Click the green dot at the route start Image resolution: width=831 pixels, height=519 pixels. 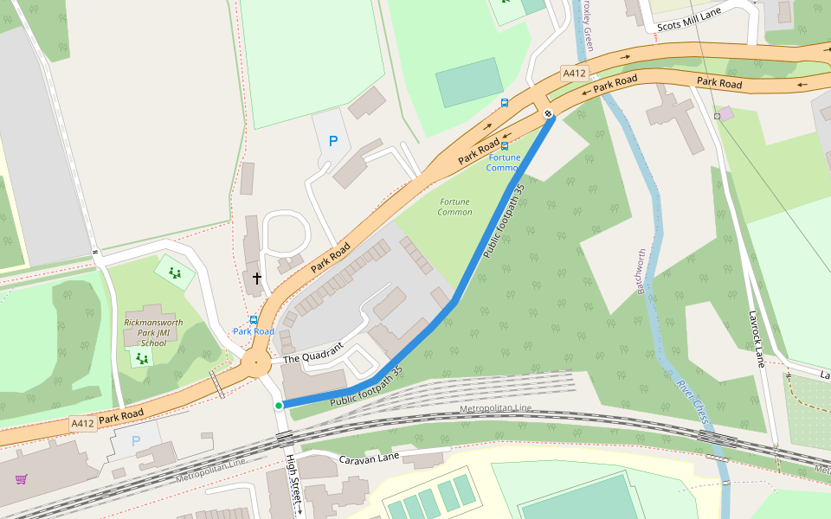click(x=279, y=406)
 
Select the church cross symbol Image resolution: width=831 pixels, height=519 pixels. click(x=256, y=279)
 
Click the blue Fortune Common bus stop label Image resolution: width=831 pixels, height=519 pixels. click(x=505, y=163)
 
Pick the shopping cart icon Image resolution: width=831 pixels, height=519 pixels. click(x=21, y=478)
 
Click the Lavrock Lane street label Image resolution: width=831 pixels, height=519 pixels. click(x=756, y=339)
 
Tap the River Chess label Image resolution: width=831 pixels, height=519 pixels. click(x=694, y=402)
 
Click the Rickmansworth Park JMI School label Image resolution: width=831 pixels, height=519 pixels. click(x=153, y=332)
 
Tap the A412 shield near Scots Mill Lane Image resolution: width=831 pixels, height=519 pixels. click(x=574, y=74)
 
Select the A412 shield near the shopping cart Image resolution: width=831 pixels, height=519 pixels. click(x=82, y=423)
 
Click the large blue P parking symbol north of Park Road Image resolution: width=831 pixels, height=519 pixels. click(x=332, y=141)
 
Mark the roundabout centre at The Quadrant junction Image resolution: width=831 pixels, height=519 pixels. click(x=256, y=362)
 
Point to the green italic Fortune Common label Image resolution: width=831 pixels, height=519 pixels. click(x=454, y=207)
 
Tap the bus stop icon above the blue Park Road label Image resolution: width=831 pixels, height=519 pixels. click(x=253, y=320)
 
